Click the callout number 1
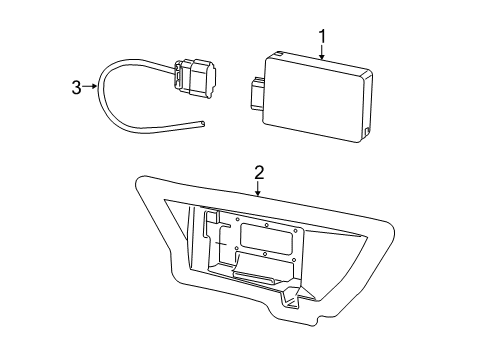(x=322, y=37)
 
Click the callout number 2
(x=258, y=172)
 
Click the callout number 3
(x=76, y=87)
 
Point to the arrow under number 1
(x=322, y=55)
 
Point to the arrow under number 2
(x=258, y=190)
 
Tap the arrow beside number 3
(x=93, y=87)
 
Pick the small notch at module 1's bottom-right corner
(x=369, y=132)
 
